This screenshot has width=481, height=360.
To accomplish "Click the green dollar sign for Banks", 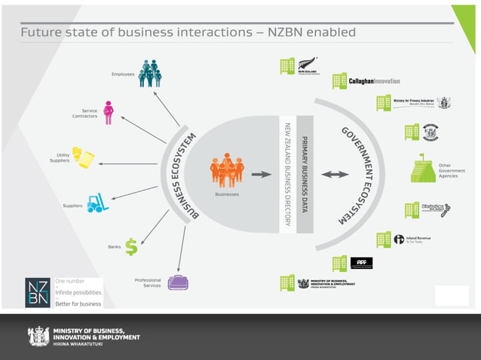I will pyautogui.click(x=131, y=246).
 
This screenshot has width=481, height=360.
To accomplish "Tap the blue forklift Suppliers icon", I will pyautogui.click(x=97, y=203).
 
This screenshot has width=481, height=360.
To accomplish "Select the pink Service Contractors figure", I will pyautogui.click(x=109, y=113).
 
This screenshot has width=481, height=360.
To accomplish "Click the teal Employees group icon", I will pyautogui.click(x=150, y=73).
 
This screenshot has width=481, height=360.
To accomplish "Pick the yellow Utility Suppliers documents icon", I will pyautogui.click(x=83, y=157).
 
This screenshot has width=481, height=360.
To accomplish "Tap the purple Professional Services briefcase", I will pyautogui.click(x=178, y=282).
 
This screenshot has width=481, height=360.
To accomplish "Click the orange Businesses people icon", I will pyautogui.click(x=227, y=171).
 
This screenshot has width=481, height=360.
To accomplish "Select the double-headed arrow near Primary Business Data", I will pyautogui.click(x=335, y=174).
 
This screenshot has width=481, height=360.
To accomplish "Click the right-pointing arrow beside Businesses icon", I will pyautogui.click(x=261, y=174).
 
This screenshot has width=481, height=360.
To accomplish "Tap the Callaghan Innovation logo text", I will pyautogui.click(x=374, y=81).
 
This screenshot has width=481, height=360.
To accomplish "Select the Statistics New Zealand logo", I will pyautogui.click(x=436, y=209).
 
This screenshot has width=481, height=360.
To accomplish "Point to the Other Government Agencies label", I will pyautogui.click(x=452, y=170).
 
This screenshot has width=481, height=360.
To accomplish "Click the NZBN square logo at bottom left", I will pyautogui.click(x=38, y=292).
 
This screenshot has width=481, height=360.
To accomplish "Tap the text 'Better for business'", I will pyautogui.click(x=78, y=304).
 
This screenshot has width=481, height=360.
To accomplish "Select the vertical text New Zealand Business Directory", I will pyautogui.click(x=287, y=174).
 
